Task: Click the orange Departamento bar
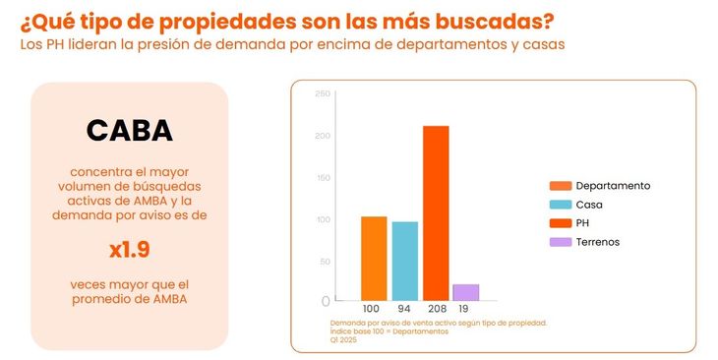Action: tap(374, 259)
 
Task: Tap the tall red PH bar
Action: tap(436, 212)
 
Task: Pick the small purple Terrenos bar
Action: tap(465, 292)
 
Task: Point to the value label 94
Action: tap(404, 309)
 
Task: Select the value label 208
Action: tap(436, 309)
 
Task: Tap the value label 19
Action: tap(464, 309)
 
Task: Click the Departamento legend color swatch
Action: tap(560, 186)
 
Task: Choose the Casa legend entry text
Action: tap(589, 205)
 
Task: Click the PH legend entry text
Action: tap(582, 223)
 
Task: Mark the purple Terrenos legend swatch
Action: tap(560, 242)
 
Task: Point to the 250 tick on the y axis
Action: tap(323, 93)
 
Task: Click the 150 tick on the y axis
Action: tap(323, 177)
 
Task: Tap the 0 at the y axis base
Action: tap(326, 301)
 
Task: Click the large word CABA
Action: tap(129, 130)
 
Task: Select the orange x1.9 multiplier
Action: tap(129, 249)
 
